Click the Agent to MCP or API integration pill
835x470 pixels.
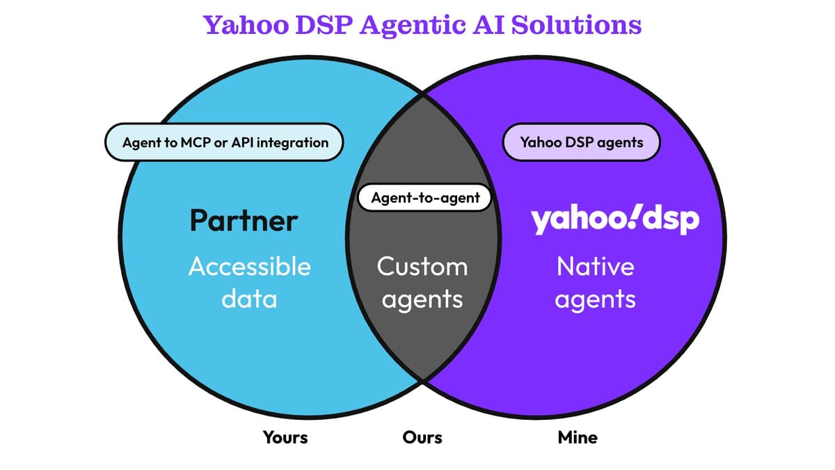[x=225, y=143]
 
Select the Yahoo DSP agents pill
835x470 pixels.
[x=581, y=143]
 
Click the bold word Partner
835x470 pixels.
[x=244, y=221]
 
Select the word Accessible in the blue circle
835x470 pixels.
[x=250, y=267]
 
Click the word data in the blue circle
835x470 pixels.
[x=249, y=299]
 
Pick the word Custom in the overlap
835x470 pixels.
[x=422, y=267]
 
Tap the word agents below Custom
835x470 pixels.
[x=422, y=300]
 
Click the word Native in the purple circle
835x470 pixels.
[x=595, y=267]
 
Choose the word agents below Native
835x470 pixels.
[x=596, y=300]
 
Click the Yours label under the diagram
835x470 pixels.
[x=285, y=437]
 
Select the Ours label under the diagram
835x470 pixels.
[x=422, y=437]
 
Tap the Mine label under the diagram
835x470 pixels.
[x=578, y=437]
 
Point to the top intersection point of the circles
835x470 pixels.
[x=422, y=96]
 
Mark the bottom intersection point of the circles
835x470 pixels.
[x=422, y=380]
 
